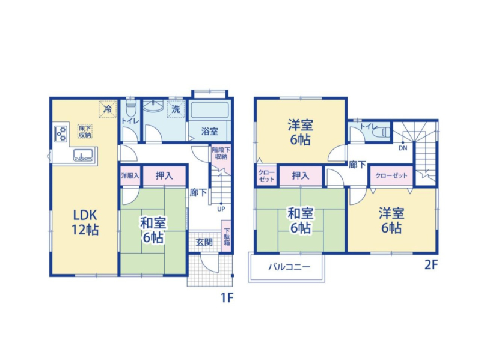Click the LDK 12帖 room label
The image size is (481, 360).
tap(85, 222)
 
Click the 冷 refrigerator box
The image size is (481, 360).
tap(108, 109)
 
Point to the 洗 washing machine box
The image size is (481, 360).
tap(176, 109)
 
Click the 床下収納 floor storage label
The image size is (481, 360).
tap(85, 131)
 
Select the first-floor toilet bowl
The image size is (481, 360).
tap(131, 108)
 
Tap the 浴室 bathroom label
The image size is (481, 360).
tap(209, 131)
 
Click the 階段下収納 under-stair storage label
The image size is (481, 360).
tap(221, 153)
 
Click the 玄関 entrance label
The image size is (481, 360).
tap(204, 242)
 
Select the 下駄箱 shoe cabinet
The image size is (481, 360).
tap(226, 236)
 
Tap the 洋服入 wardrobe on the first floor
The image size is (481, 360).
tap(130, 175)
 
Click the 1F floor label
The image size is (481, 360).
tap(227, 297)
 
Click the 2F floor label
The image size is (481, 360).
tap(430, 264)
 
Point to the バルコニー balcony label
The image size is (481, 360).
tap(289, 267)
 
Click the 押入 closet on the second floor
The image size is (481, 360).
tap(300, 175)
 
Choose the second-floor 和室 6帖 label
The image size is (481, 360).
tap(300, 221)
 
